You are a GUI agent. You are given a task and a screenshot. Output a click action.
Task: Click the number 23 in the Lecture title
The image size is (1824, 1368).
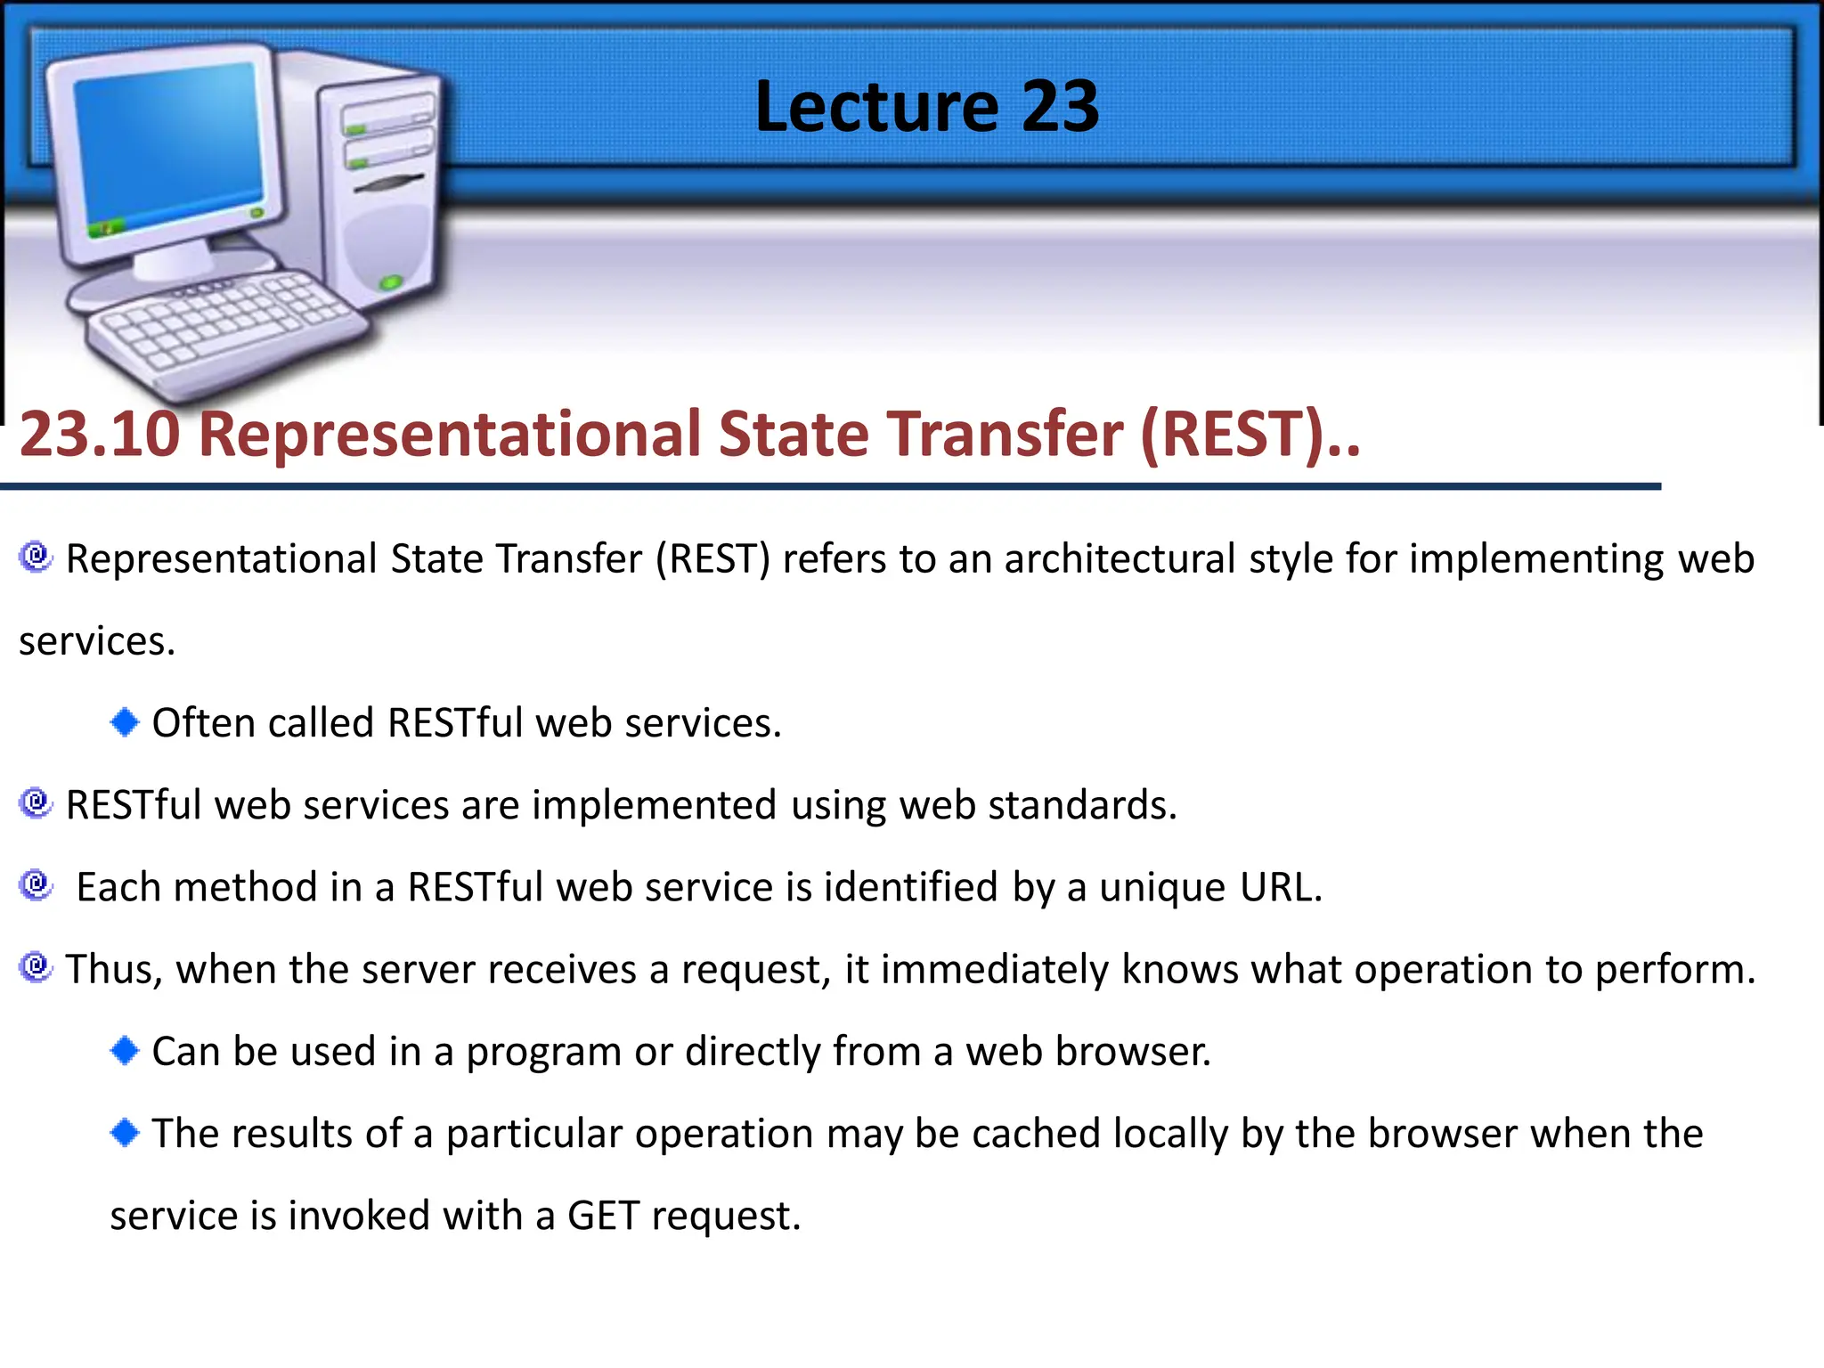click(x=1060, y=107)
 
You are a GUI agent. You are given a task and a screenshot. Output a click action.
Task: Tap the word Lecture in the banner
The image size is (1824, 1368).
click(x=876, y=107)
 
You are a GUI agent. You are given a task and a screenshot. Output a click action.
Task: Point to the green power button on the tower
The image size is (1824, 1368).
click(x=390, y=283)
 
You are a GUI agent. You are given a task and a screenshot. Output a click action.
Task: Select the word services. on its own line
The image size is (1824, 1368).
click(x=97, y=641)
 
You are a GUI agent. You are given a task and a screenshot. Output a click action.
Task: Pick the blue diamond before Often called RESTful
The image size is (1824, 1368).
click(x=125, y=721)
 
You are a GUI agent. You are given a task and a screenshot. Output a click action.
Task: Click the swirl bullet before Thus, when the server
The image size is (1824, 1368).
click(x=36, y=966)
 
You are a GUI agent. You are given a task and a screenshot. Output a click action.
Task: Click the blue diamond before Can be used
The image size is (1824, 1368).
click(x=125, y=1050)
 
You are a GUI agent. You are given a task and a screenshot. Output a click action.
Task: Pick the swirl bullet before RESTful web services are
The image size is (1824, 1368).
click(x=36, y=802)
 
